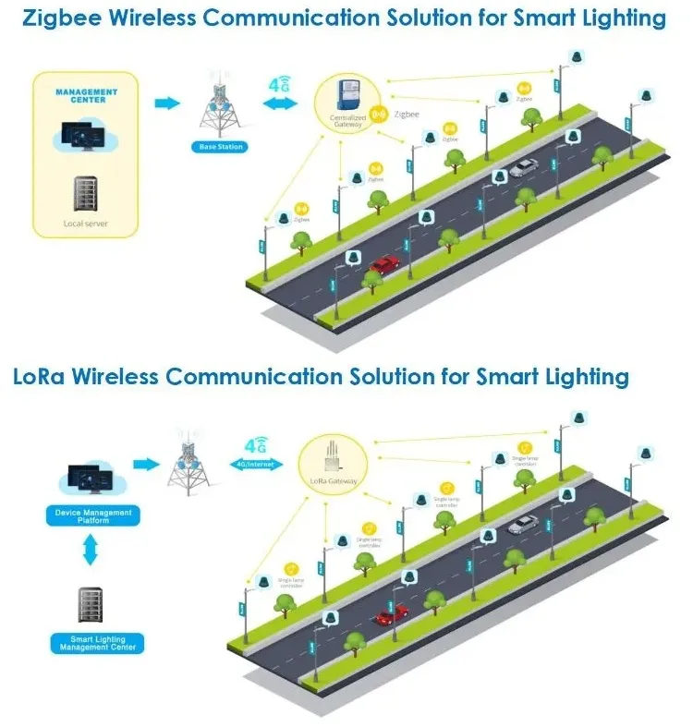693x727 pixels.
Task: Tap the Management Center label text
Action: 87,95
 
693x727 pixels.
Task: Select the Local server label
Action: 86,224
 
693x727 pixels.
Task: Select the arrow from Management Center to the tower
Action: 166,103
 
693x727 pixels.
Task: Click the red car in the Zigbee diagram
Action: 384,266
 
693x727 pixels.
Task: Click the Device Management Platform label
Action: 89,516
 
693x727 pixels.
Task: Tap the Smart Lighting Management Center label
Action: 97,643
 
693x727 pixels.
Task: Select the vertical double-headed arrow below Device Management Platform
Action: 90,552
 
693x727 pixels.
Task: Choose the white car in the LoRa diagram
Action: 523,525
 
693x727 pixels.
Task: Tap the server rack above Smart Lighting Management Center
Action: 90,605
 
